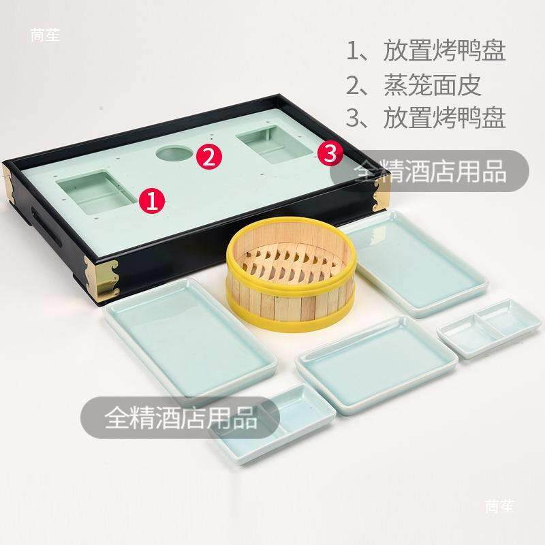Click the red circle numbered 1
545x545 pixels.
pyautogui.click(x=152, y=200)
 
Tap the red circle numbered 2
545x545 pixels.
pyautogui.click(x=209, y=157)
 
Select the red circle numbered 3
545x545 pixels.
pyautogui.click(x=330, y=153)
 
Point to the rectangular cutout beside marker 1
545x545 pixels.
pyautogui.click(x=97, y=192)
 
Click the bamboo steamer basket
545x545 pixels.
pyautogui.click(x=291, y=274)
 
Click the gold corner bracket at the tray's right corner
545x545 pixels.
pyautogui.click(x=381, y=194)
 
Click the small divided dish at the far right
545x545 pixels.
pyautogui.click(x=489, y=329)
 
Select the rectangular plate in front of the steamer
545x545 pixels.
pyautogui.click(x=376, y=365)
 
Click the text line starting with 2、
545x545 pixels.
pyautogui.click(x=414, y=85)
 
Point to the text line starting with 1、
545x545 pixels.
pyautogui.click(x=426, y=50)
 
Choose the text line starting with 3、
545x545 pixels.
pyautogui.click(x=426, y=118)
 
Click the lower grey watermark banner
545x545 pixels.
pyautogui.click(x=180, y=418)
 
